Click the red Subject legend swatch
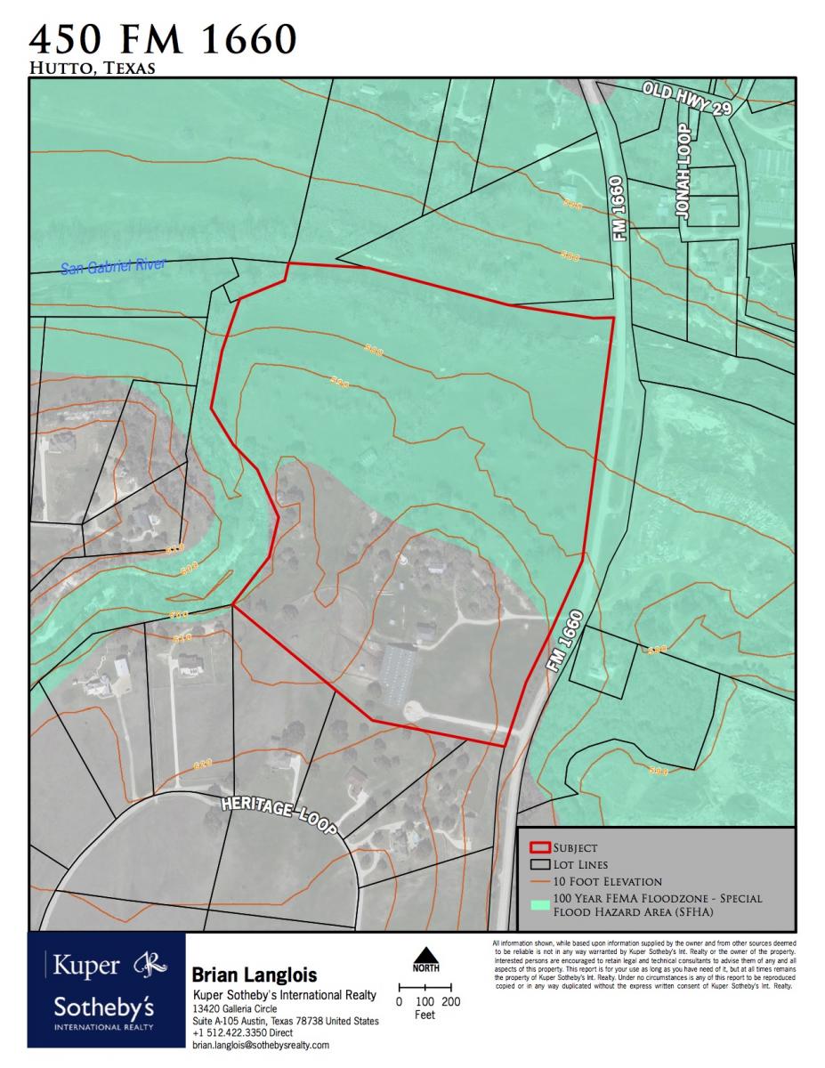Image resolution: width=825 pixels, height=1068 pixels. (538, 847)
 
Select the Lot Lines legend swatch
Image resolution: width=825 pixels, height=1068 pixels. (538, 864)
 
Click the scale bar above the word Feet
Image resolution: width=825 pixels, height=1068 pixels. (425, 987)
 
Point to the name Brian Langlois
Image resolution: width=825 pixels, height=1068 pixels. (254, 976)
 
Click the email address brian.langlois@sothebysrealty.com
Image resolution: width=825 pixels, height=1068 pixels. (260, 1045)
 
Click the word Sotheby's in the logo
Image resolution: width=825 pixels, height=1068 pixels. (104, 1009)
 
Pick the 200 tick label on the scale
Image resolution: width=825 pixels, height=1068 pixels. (451, 1001)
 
